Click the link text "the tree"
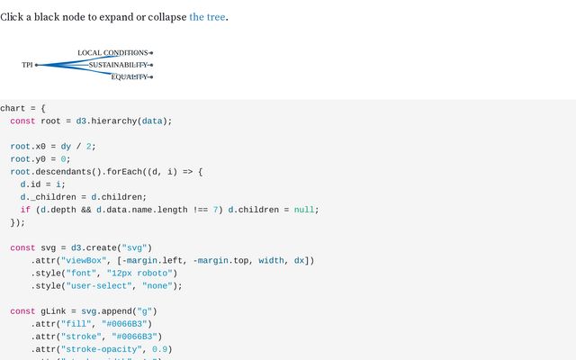(x=207, y=16)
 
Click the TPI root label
(x=27, y=65)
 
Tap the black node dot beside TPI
(x=37, y=65)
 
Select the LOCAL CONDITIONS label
(x=112, y=53)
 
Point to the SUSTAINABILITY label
(x=118, y=65)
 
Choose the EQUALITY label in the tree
(x=129, y=76)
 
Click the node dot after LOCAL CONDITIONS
(x=151, y=53)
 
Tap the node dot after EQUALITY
(x=151, y=76)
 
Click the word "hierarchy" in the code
(x=113, y=121)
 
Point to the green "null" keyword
(x=304, y=210)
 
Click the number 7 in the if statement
(x=216, y=210)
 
